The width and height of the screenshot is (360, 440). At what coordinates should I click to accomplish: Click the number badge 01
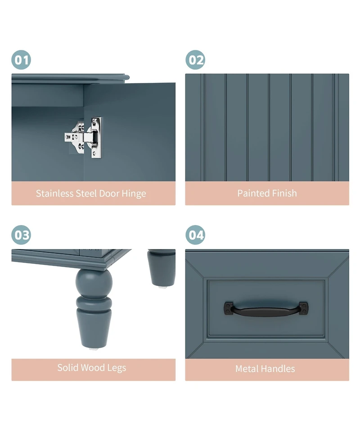[21, 60]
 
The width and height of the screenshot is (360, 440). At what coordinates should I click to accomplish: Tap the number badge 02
[195, 60]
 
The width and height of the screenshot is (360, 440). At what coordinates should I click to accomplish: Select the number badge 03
[21, 235]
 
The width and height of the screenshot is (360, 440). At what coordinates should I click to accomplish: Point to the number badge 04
[195, 235]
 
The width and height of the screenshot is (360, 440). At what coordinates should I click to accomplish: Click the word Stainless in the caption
[54, 194]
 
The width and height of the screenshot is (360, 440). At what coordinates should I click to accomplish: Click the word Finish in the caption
[284, 193]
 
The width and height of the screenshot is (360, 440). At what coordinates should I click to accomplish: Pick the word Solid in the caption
[67, 368]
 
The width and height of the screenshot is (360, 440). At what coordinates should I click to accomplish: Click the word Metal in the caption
[247, 369]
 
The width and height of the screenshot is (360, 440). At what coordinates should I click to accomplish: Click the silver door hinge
[85, 137]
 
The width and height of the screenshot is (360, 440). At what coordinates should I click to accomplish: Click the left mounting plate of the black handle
[228, 308]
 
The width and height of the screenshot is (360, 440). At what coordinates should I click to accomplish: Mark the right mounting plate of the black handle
[304, 308]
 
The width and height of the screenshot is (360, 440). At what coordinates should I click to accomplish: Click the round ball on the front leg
[94, 281]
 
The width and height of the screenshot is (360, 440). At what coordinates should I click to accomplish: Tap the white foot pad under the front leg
[94, 348]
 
